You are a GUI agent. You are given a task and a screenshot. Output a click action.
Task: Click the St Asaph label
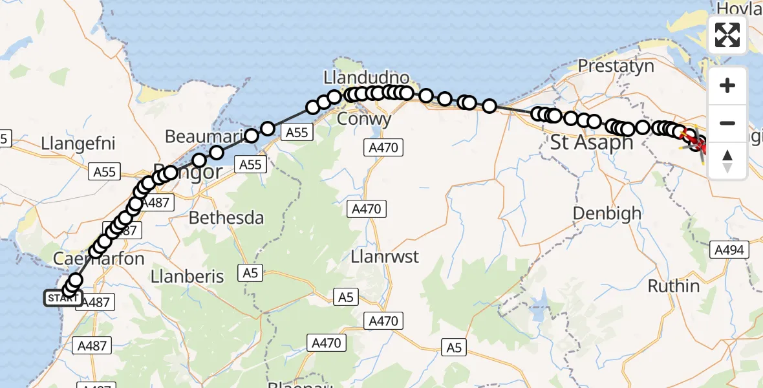click(591, 142)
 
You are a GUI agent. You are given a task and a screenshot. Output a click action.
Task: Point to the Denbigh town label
click(607, 213)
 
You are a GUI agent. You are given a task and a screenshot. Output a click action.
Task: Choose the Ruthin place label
click(673, 286)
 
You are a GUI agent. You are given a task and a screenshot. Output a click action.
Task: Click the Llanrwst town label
click(384, 257)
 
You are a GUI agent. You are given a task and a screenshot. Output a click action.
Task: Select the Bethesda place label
click(226, 218)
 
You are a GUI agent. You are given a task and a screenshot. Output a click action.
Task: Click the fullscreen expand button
click(727, 35)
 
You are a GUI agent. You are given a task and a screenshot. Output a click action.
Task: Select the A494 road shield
click(729, 250)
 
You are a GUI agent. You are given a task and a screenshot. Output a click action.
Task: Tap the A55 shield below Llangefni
click(105, 172)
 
